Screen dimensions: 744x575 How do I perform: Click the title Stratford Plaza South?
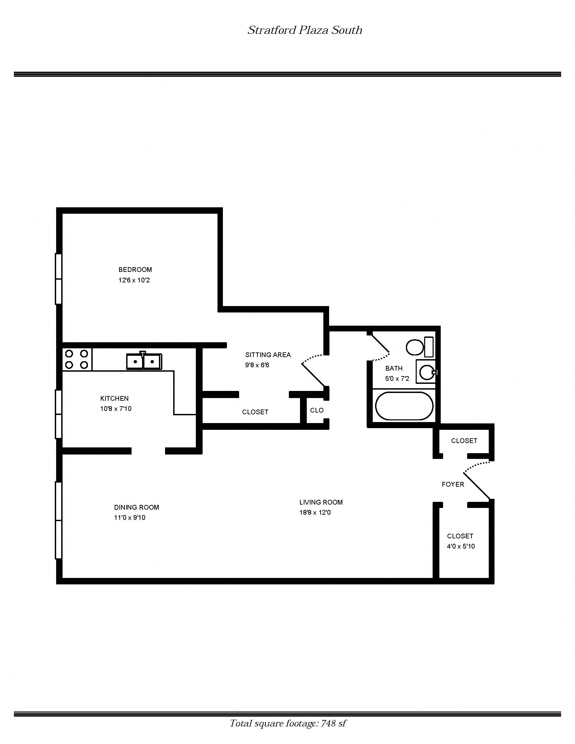[304, 30]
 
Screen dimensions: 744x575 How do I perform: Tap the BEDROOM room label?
[135, 270]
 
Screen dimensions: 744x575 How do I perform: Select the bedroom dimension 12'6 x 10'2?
[134, 280]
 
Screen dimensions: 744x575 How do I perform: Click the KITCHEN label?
[114, 398]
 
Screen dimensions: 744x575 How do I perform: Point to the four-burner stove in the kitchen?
[77, 359]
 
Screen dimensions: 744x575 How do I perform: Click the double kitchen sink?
[144, 361]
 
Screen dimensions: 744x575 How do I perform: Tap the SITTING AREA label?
[268, 355]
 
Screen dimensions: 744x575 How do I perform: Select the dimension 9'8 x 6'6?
[257, 365]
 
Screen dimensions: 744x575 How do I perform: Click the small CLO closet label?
[317, 410]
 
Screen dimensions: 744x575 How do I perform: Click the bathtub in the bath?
[404, 406]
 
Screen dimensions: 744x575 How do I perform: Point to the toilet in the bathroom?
[419, 347]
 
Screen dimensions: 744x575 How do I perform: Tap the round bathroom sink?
[426, 372]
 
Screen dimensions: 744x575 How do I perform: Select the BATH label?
[394, 368]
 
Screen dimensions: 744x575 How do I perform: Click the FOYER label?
[453, 484]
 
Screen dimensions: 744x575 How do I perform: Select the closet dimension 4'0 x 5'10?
[461, 546]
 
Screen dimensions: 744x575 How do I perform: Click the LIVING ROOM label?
[321, 502]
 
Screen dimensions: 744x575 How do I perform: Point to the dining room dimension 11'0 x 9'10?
[130, 517]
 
